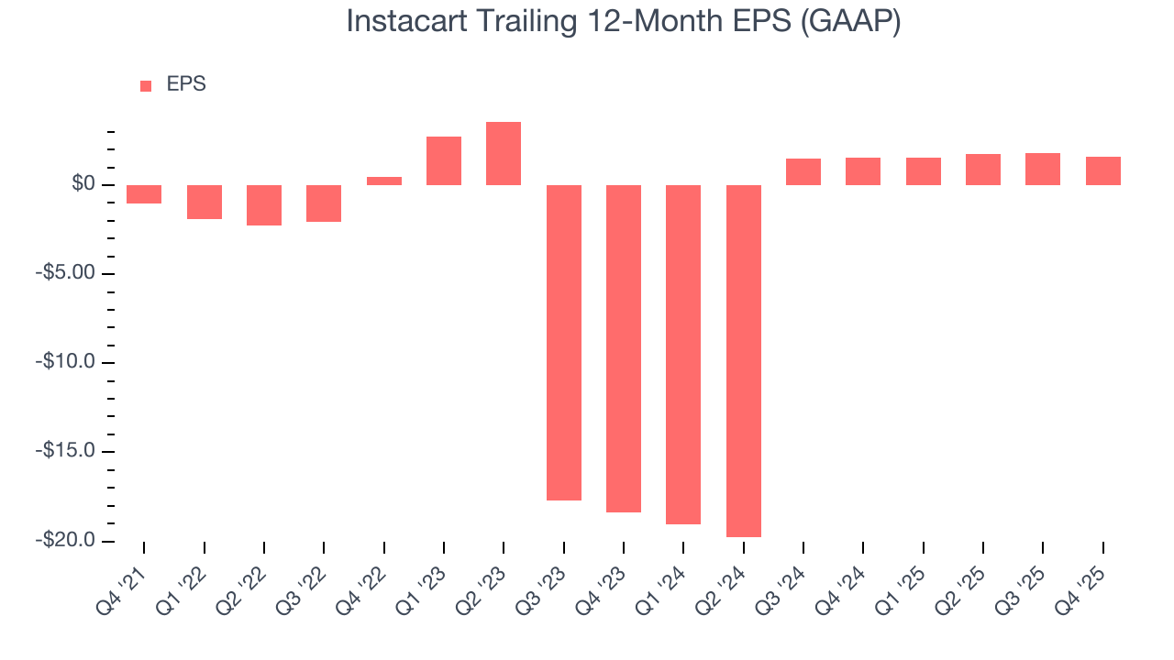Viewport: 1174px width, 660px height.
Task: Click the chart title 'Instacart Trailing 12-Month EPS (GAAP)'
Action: pyautogui.click(x=623, y=21)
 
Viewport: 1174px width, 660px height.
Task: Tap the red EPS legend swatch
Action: pyautogui.click(x=146, y=85)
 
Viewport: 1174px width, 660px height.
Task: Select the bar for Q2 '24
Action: pyautogui.click(x=743, y=360)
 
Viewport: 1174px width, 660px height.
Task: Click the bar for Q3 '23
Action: pyautogui.click(x=564, y=342)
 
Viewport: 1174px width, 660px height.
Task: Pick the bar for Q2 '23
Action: pyautogui.click(x=504, y=154)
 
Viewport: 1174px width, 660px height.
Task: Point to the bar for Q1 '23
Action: pyautogui.click(x=444, y=161)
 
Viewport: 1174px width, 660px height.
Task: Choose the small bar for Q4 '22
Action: pyautogui.click(x=384, y=181)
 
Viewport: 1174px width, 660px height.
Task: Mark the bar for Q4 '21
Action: pyautogui.click(x=144, y=194)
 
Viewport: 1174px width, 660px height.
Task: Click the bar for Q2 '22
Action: pyautogui.click(x=264, y=205)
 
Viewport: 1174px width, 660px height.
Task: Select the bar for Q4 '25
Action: pyautogui.click(x=1102, y=171)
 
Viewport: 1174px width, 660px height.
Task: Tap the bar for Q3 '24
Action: pyautogui.click(x=803, y=172)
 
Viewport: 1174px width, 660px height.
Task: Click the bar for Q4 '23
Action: pyautogui.click(x=624, y=348)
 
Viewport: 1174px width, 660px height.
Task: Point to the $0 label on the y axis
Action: pyautogui.click(x=85, y=185)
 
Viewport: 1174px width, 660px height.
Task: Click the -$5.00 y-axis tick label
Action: pyautogui.click(x=67, y=274)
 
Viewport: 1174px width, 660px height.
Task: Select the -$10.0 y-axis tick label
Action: pyautogui.click(x=67, y=363)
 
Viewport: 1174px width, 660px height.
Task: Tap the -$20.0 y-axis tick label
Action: pyautogui.click(x=67, y=541)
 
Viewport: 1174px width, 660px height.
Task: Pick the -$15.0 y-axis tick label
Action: pyautogui.click(x=67, y=452)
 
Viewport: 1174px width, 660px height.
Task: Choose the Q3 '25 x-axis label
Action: pyautogui.click(x=1026, y=580)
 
